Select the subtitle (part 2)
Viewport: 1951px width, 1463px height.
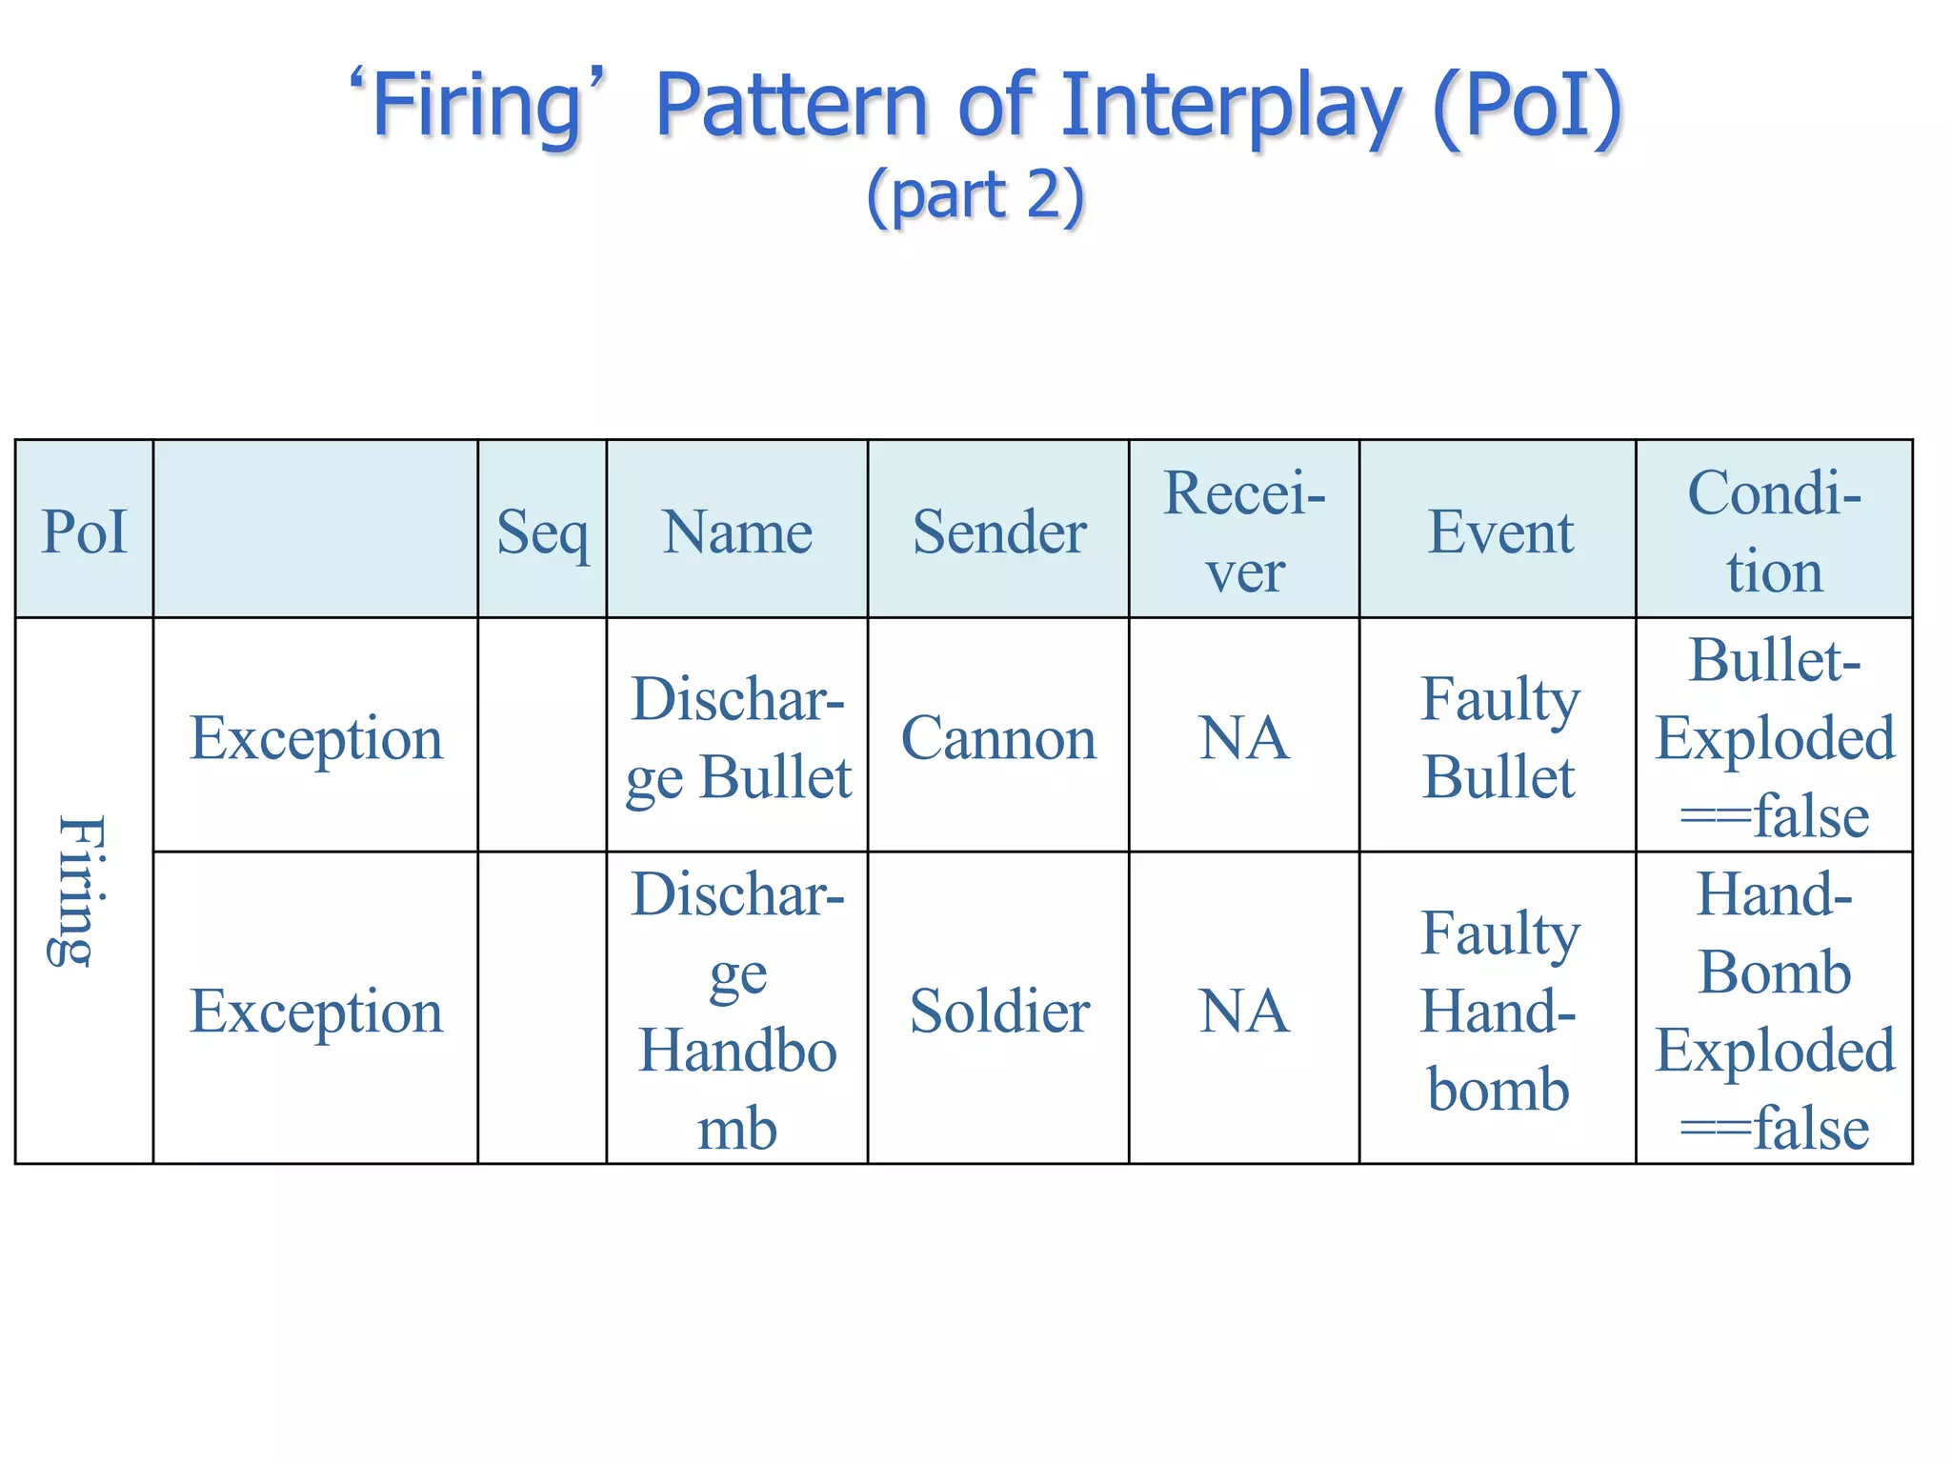[975, 195]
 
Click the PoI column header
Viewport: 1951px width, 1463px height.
[84, 531]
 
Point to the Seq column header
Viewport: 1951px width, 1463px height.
[542, 531]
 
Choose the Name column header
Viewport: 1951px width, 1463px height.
[737, 531]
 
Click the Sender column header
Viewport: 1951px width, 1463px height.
[999, 531]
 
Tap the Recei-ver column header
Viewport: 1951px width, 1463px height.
[1244, 531]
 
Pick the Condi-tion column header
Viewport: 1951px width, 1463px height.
[1774, 531]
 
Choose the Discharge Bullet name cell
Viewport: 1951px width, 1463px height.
[737, 737]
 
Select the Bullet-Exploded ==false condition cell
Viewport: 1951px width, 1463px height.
[1774, 737]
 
